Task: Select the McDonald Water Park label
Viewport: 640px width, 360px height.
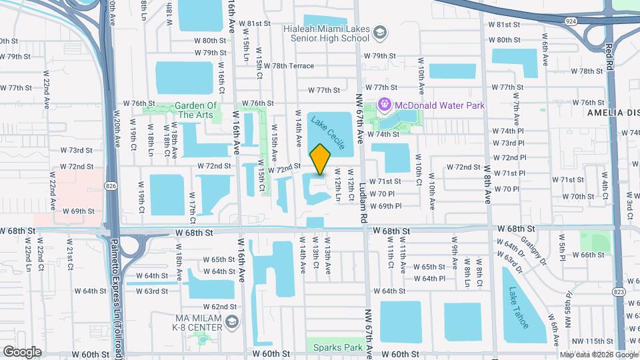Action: [440, 105]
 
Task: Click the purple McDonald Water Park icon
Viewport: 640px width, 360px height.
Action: [385, 105]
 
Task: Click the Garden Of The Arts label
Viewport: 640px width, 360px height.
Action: [197, 110]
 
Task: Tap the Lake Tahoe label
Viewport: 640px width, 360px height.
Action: [517, 307]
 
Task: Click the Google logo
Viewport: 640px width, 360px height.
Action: [23, 351]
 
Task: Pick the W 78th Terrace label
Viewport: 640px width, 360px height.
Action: [288, 66]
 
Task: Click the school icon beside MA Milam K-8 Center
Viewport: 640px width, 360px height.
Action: [231, 323]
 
